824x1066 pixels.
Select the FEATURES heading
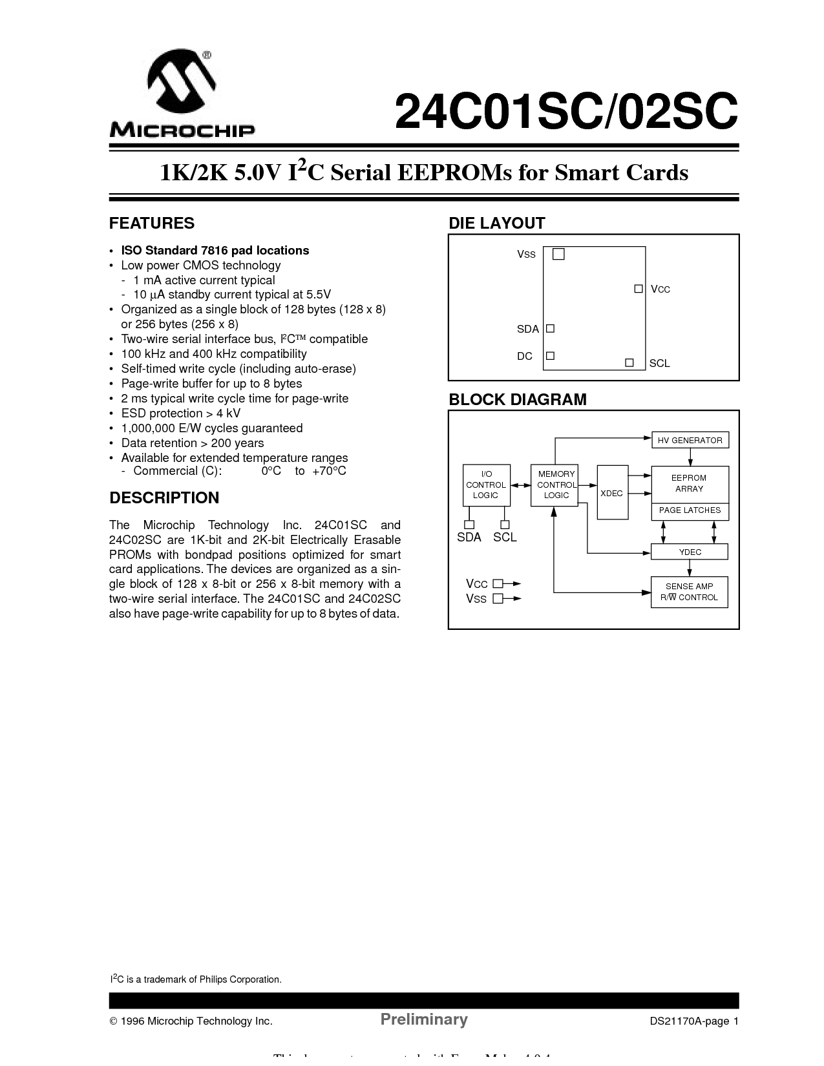click(152, 224)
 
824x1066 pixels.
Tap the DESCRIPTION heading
click(164, 498)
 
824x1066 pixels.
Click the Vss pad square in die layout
click(559, 255)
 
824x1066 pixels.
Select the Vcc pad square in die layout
click(639, 289)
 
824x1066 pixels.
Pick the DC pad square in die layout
click(551, 356)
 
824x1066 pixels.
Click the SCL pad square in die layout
click(629, 363)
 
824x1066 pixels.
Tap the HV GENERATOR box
click(690, 441)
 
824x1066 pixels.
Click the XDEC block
click(612, 492)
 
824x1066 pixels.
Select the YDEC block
click(690, 552)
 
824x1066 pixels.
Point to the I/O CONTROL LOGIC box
click(486, 485)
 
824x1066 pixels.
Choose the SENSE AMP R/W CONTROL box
click(689, 592)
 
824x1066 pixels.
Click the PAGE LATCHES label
click(690, 511)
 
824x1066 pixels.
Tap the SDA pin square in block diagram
click(470, 525)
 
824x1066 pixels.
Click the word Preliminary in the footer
click(424, 1019)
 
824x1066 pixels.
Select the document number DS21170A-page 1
click(693, 1021)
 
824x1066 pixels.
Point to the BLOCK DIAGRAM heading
click(518, 400)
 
